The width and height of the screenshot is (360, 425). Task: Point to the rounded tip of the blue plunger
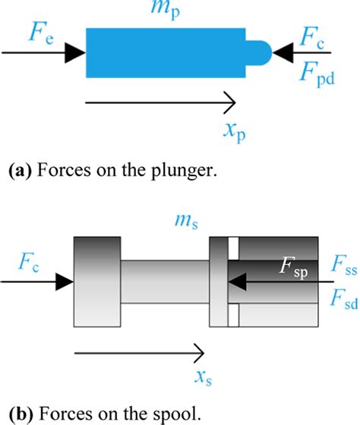click(261, 52)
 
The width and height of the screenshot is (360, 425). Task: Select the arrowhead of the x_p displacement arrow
click(228, 101)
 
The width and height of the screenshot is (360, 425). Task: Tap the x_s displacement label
click(203, 377)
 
